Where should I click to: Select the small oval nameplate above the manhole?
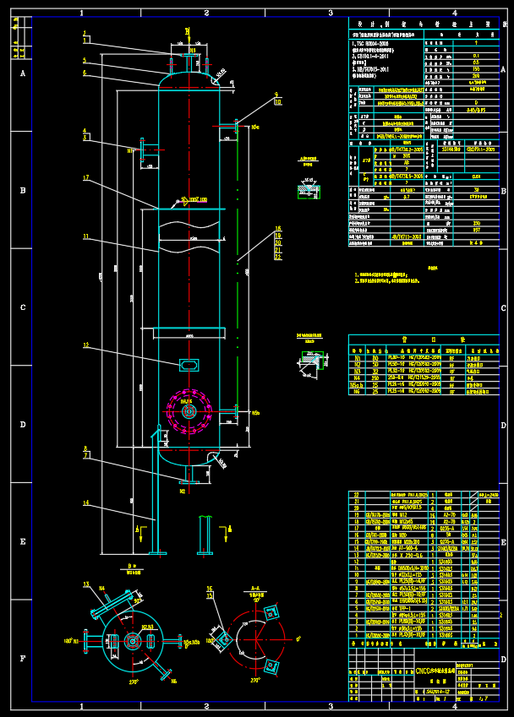click(x=189, y=364)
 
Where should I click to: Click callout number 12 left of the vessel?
click(x=85, y=345)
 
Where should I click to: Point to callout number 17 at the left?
click(x=85, y=177)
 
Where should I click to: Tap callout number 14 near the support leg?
click(x=85, y=503)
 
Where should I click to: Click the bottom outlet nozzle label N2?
click(x=182, y=490)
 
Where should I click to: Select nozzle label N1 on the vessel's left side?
click(x=131, y=150)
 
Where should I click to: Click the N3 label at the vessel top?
click(x=192, y=51)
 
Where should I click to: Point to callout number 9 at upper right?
click(x=276, y=95)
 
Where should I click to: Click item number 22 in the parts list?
click(x=356, y=493)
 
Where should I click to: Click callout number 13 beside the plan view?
click(x=85, y=584)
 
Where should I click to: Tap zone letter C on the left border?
click(x=22, y=307)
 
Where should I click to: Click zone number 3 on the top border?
click(x=330, y=13)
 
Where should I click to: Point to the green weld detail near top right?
click(x=309, y=192)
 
